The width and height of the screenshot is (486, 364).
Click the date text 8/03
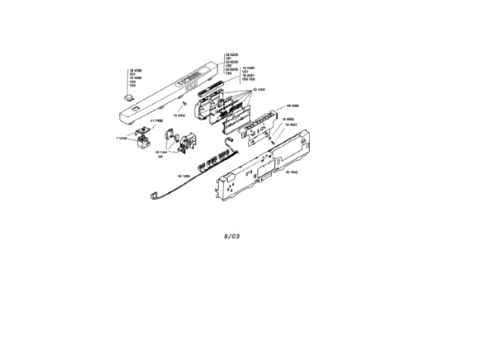pyautogui.click(x=232, y=236)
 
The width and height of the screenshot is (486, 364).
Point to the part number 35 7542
pyautogui.click(x=291, y=173)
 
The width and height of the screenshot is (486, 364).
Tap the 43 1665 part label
pyautogui.click(x=184, y=176)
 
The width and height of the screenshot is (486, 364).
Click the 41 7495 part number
pyautogui.click(x=157, y=121)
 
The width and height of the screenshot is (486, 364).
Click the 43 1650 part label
pyautogui.click(x=258, y=89)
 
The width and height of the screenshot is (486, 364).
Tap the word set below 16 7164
pyautogui.click(x=161, y=156)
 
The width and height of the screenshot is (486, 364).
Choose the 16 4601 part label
pyautogui.click(x=291, y=124)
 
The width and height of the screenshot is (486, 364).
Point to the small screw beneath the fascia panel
pyautogui.click(x=185, y=104)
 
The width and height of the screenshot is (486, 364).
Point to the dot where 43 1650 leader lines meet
pyautogui.click(x=249, y=90)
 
